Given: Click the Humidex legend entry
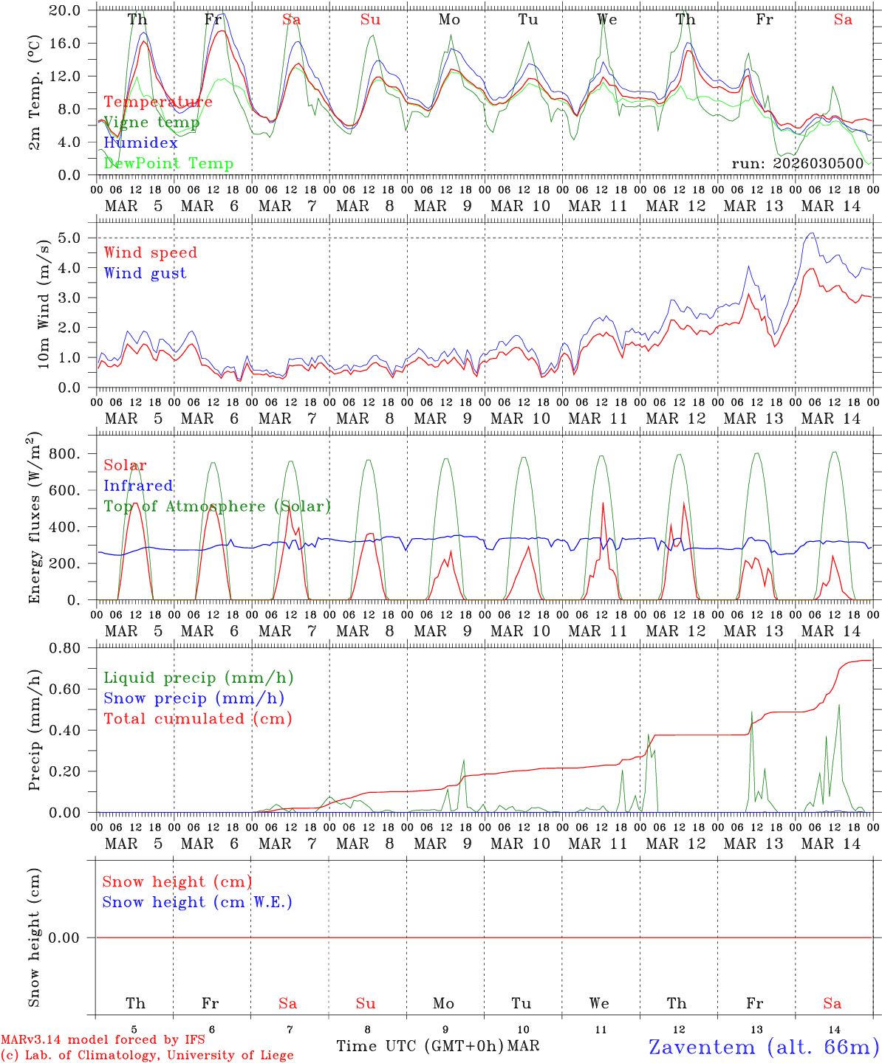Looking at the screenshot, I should click(140, 143).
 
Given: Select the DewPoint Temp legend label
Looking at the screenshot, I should click(168, 164).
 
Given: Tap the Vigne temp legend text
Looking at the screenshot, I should click(151, 123).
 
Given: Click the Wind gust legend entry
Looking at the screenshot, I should click(145, 273).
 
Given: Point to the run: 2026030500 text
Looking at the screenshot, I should click(797, 163).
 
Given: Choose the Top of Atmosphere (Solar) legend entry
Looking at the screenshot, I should click(216, 506).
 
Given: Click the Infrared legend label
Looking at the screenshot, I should click(138, 486).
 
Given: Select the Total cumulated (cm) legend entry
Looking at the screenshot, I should click(197, 719).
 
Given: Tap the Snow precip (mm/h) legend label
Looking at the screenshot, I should click(194, 698).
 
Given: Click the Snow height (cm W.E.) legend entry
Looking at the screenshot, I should click(197, 902).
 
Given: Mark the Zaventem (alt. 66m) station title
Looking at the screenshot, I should click(763, 1047).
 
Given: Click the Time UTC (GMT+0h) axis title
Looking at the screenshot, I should click(420, 1046).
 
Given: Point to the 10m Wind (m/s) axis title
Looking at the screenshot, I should click(44, 303).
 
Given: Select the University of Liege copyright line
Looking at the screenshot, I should click(147, 1056).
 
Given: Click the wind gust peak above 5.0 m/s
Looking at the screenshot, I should click(812, 233).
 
